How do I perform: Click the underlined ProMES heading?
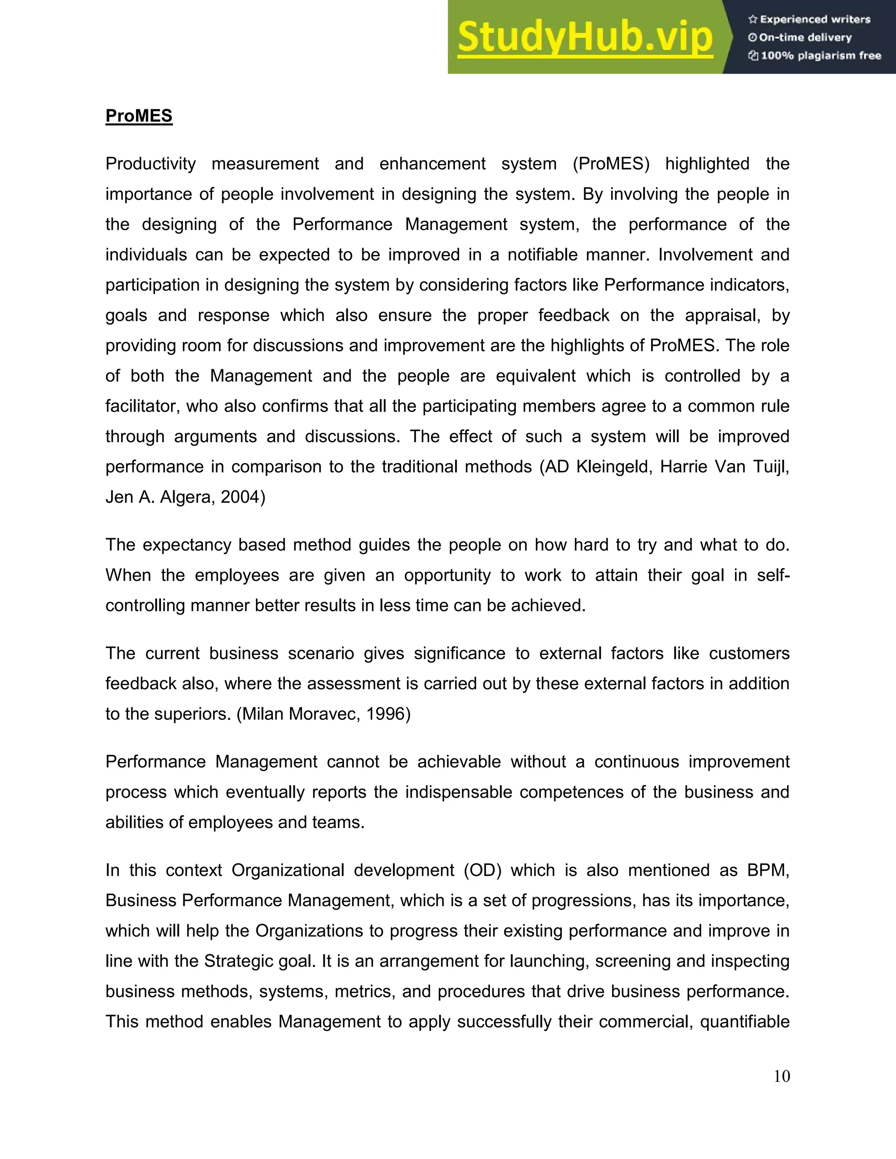point(139,116)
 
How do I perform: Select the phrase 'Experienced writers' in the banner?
point(815,20)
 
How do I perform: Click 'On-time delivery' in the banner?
point(805,38)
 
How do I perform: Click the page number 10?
point(781,1076)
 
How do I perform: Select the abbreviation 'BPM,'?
point(768,870)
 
